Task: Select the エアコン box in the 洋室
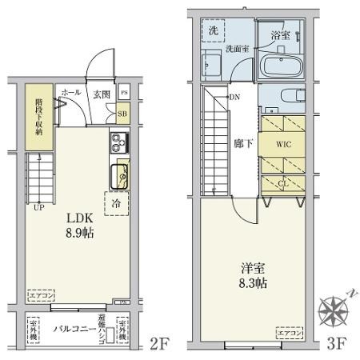click(x=290, y=329)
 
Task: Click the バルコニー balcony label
click(x=71, y=329)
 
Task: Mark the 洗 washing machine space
click(x=214, y=30)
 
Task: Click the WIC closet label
click(x=284, y=146)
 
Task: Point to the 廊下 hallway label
click(x=243, y=146)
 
